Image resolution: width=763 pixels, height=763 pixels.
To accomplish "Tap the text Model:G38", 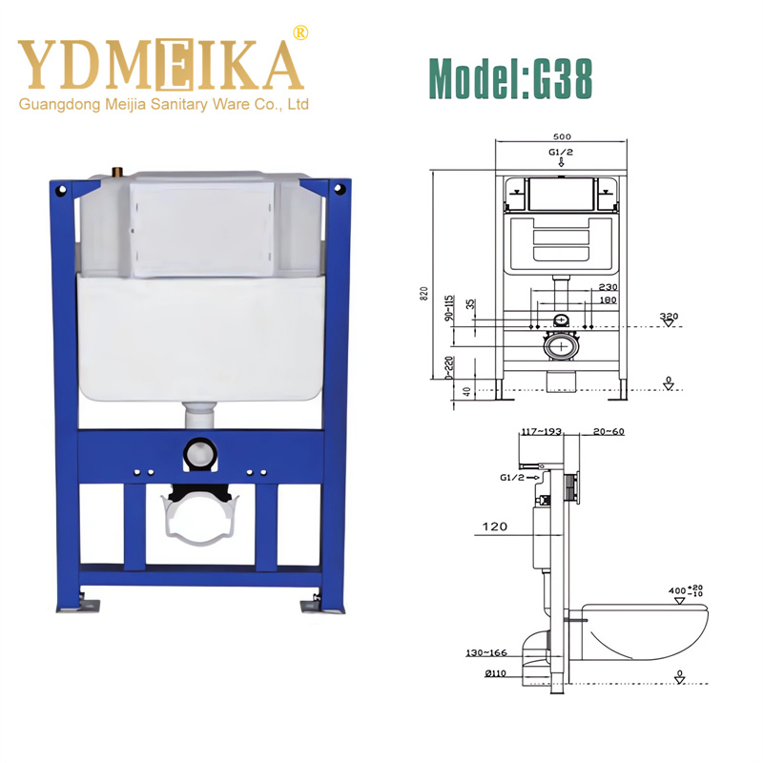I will (x=510, y=77).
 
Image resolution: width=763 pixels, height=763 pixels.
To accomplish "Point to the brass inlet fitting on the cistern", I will (x=117, y=173).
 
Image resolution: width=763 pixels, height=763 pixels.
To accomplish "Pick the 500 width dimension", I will (x=561, y=136).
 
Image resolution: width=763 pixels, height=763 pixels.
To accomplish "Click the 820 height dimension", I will (x=425, y=293).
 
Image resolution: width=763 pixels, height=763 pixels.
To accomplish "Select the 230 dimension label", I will (x=607, y=287).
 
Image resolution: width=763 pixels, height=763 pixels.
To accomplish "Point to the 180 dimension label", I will (x=607, y=300).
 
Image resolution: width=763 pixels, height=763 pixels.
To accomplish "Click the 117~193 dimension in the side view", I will (x=539, y=432).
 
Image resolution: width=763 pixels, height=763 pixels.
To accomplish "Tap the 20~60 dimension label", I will (x=608, y=432).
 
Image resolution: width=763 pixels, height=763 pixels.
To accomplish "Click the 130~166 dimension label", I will (x=486, y=653).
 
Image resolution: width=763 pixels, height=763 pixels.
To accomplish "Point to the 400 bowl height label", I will (x=678, y=590).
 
